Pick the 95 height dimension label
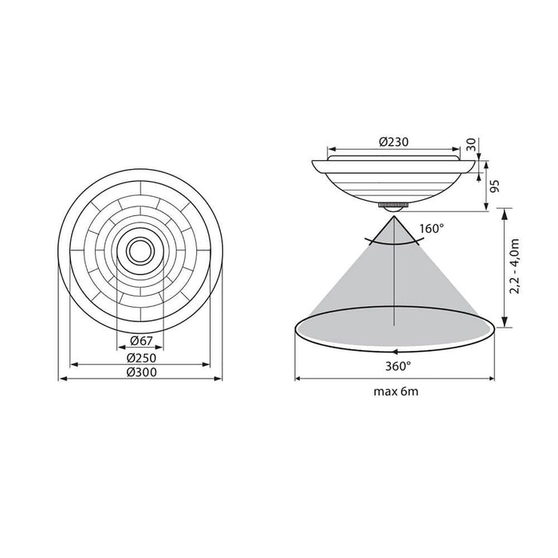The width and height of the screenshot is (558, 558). (x=495, y=187)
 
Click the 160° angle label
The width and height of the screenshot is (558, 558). (x=431, y=229)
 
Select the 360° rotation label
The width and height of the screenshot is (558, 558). (x=396, y=367)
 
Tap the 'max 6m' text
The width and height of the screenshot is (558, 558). (x=395, y=391)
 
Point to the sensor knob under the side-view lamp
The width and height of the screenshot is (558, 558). (x=394, y=206)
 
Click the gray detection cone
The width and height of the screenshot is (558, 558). (x=394, y=279)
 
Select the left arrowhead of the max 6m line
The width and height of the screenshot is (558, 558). (x=298, y=378)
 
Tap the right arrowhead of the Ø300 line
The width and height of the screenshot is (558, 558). (x=219, y=379)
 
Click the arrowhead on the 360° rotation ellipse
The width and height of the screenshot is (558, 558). (x=392, y=351)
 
